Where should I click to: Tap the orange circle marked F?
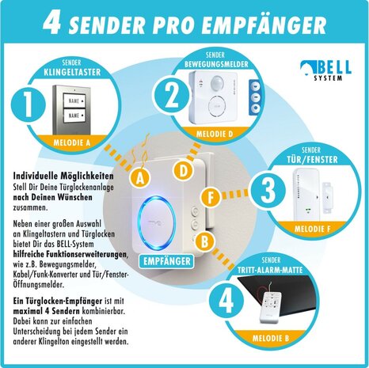tap(210, 198)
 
